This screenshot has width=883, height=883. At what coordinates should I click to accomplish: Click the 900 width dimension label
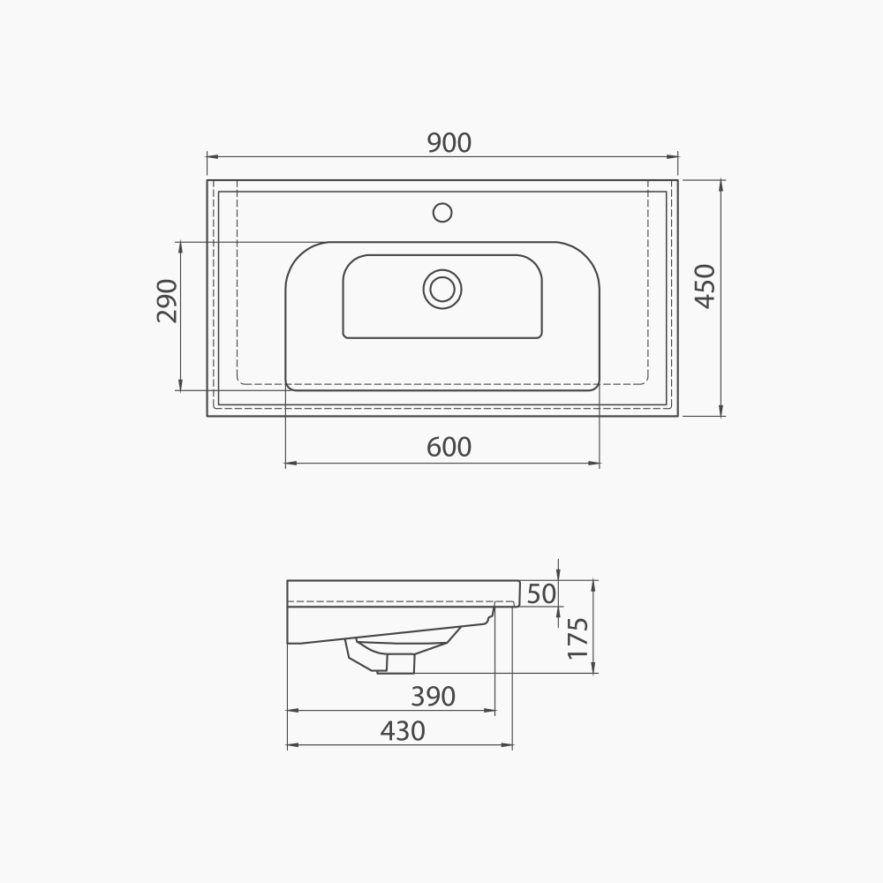[x=449, y=142]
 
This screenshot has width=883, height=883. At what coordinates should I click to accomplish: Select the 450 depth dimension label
[x=705, y=286]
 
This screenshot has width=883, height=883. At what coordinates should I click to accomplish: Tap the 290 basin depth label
[x=168, y=300]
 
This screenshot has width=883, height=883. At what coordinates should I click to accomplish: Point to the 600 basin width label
[x=449, y=448]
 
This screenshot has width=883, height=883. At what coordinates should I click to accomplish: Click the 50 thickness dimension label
[x=542, y=594]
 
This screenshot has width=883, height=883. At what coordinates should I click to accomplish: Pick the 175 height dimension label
[x=577, y=638]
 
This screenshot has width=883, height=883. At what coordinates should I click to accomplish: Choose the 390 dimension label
[x=433, y=697]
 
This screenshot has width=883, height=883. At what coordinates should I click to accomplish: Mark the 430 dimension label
[x=403, y=731]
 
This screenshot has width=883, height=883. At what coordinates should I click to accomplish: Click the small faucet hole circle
[x=442, y=212]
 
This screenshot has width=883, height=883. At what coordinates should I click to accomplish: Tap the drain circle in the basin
[x=442, y=289]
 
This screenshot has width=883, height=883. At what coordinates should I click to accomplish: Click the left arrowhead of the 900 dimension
[x=212, y=157]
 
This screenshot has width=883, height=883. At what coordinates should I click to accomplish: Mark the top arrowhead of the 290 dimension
[x=180, y=246]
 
